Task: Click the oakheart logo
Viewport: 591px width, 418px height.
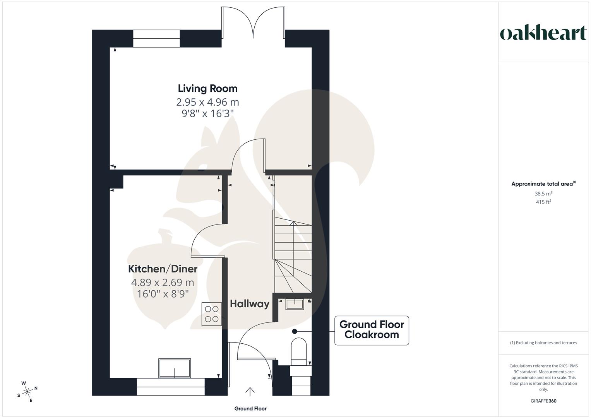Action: click(543, 33)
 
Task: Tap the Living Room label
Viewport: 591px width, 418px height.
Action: click(207, 88)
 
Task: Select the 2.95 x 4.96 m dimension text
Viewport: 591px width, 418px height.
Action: click(207, 102)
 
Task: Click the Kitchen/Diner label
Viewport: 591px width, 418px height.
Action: click(163, 269)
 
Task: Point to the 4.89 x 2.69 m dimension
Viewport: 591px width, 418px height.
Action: click(163, 283)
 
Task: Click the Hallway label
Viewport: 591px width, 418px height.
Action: click(249, 304)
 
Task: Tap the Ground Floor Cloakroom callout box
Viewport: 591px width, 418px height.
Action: click(372, 330)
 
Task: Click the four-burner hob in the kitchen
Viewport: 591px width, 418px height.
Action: click(212, 314)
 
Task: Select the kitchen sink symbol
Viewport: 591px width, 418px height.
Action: click(175, 368)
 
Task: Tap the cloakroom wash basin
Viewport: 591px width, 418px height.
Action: click(295, 304)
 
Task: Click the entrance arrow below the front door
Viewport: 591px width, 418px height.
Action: click(250, 392)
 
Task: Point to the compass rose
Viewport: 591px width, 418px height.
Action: click(27, 392)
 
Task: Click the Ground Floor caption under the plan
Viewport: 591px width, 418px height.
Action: click(250, 409)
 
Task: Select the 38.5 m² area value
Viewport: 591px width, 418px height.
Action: click(543, 194)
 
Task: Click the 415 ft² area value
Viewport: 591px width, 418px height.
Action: click(543, 202)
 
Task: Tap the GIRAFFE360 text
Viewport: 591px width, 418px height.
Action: click(543, 401)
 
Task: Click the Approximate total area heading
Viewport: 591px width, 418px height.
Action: click(543, 184)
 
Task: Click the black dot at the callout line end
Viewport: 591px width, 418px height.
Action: click(295, 331)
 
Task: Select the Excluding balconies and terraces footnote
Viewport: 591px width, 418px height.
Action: click(543, 343)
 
